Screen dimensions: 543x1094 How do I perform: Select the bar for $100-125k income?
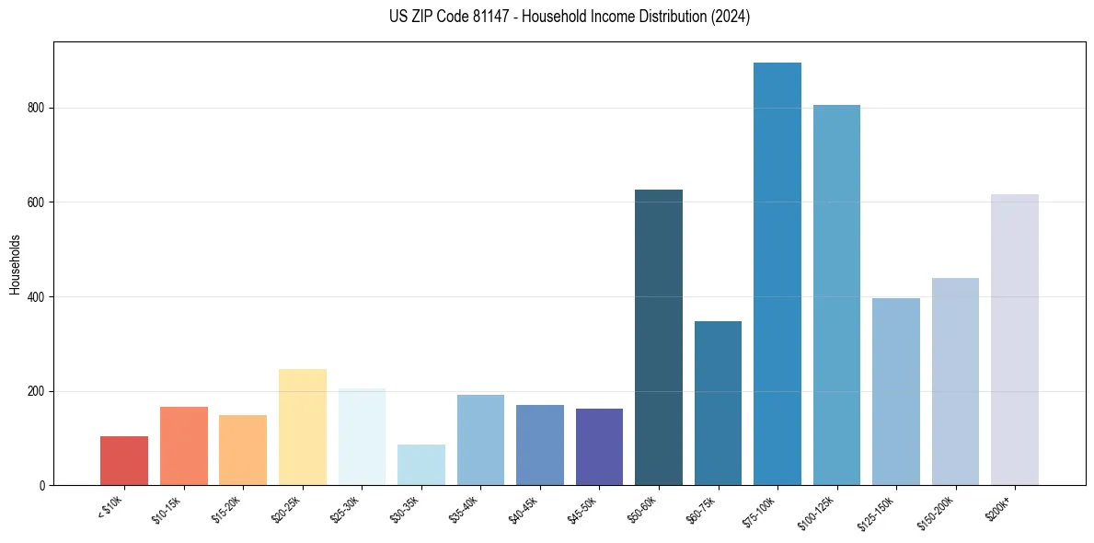[836, 295]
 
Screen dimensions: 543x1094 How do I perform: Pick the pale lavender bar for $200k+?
[1015, 340]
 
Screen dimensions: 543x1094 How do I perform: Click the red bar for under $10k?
[124, 461]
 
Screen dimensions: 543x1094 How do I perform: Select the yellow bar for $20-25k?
[303, 427]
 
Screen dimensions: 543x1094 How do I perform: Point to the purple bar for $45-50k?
[599, 447]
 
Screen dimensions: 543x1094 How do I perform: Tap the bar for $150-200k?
[955, 382]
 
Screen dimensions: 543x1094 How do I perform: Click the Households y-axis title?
[15, 263]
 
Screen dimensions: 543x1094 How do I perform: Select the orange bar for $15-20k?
[243, 450]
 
